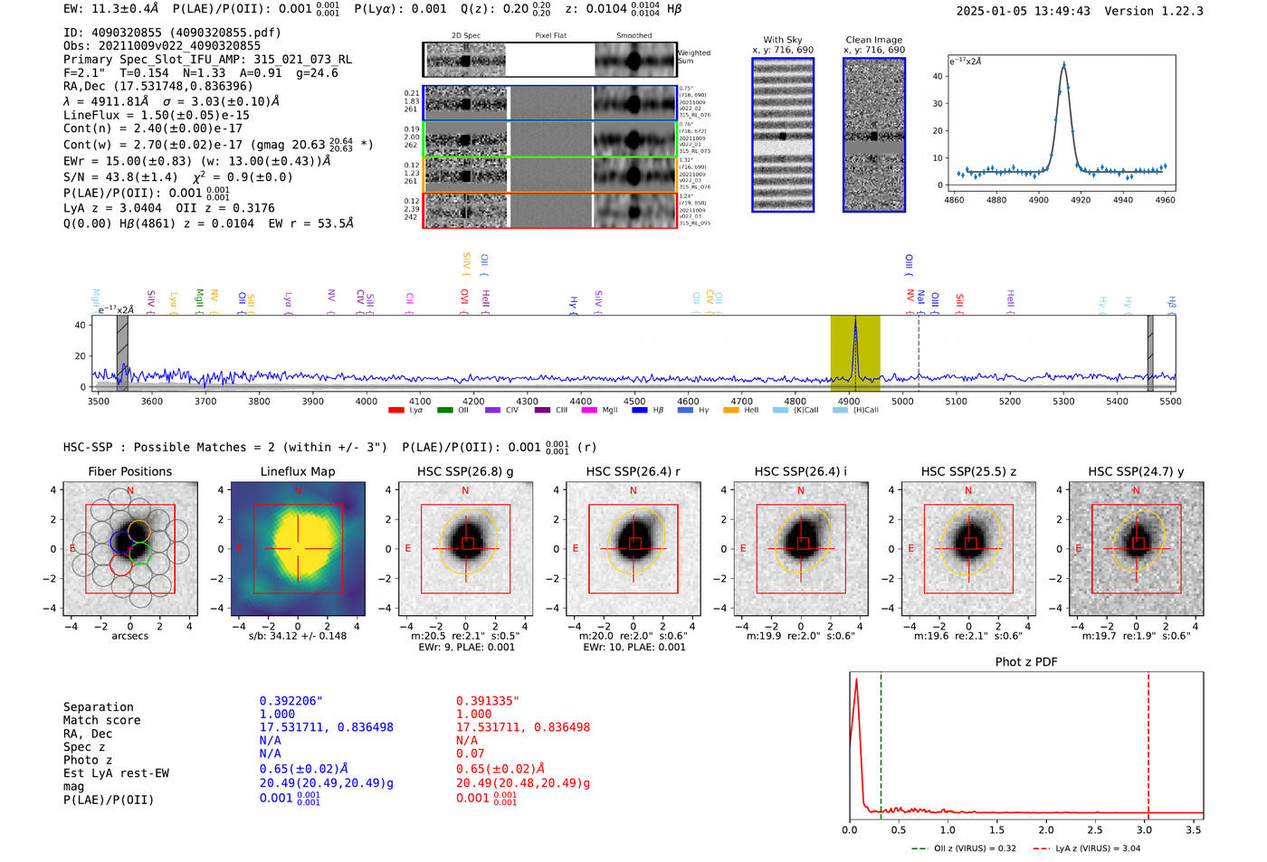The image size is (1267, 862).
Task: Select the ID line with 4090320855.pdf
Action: click(172, 33)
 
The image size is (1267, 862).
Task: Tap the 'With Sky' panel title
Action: click(782, 40)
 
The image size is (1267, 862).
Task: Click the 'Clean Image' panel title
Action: click(873, 40)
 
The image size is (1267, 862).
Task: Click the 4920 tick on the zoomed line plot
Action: click(1081, 200)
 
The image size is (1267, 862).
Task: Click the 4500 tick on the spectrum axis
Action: click(634, 401)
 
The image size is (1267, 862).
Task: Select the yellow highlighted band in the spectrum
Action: click(855, 353)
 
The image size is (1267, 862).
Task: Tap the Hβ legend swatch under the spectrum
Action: click(640, 411)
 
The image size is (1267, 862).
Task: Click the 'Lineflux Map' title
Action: click(297, 471)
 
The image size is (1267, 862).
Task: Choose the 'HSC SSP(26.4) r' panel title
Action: click(633, 471)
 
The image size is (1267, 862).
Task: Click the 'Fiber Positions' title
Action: click(129, 471)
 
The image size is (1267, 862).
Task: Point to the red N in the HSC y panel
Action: click(1136, 491)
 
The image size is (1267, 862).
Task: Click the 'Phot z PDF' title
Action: click(1025, 662)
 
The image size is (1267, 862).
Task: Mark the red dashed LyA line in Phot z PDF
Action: click(1148, 742)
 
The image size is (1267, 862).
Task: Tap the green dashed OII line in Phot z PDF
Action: click(881, 742)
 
